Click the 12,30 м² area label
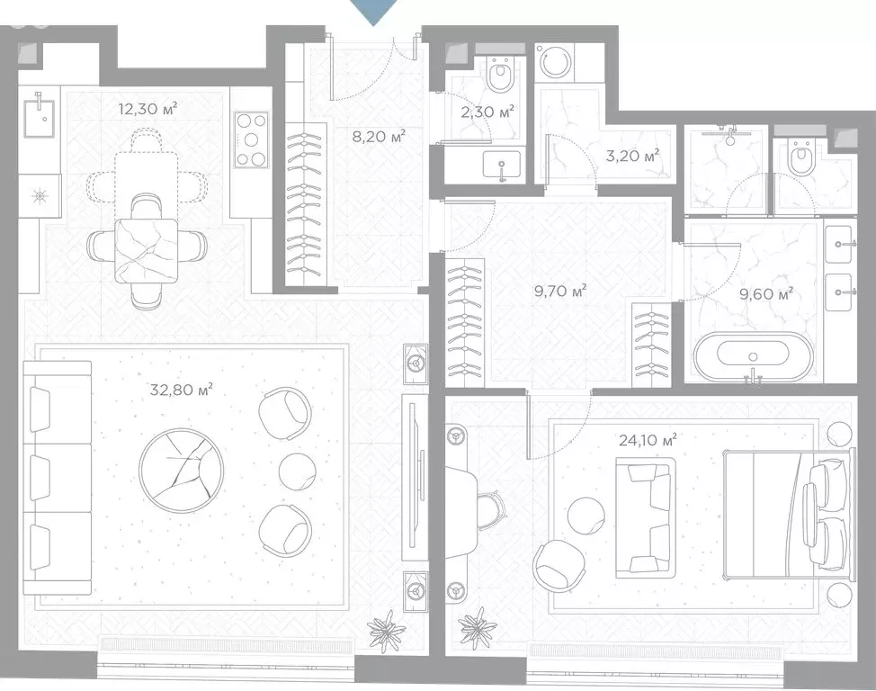147,108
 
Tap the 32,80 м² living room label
181,389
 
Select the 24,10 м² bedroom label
648,439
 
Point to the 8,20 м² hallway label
379,136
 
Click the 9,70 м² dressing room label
560,291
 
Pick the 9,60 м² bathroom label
766,293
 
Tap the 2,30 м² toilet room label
487,112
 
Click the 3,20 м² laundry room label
633,155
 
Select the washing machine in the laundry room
555,61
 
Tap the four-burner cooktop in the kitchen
252,139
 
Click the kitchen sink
39,116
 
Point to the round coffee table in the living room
181,471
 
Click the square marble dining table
147,250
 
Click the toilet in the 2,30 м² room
499,74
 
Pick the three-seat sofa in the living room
58,478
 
